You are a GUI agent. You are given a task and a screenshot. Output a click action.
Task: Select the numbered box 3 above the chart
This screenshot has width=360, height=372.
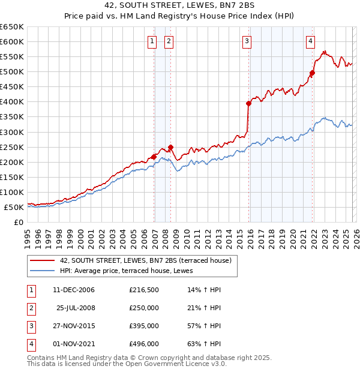247,41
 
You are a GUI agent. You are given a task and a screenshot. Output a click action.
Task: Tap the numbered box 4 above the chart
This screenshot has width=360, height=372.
310,41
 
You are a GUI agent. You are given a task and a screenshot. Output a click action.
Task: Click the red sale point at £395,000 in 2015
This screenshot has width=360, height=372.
248,103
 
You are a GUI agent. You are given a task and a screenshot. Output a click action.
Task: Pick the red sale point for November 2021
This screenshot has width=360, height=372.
312,73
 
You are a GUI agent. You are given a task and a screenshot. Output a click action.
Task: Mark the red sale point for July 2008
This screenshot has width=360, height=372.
170,147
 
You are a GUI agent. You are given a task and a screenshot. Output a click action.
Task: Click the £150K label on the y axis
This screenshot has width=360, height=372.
12,177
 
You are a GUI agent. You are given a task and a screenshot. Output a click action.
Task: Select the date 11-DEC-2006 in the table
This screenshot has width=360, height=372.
74,290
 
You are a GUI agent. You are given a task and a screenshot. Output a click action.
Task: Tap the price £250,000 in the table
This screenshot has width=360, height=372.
144,307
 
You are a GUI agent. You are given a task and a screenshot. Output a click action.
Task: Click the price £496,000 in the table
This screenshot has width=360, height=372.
144,344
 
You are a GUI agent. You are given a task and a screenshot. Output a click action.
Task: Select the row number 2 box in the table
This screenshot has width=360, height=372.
31,308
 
